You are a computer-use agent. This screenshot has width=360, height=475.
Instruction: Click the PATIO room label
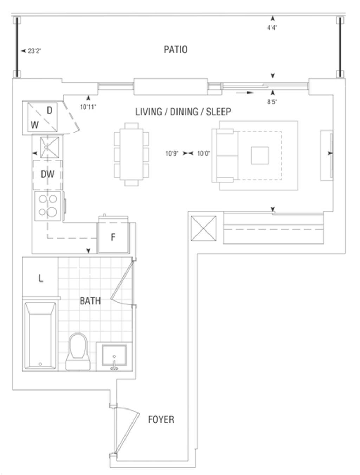[175, 50]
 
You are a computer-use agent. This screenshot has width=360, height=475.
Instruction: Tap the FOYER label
[161, 419]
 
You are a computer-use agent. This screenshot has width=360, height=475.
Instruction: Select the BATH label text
[90, 301]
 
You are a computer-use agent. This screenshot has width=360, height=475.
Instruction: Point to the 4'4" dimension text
[272, 28]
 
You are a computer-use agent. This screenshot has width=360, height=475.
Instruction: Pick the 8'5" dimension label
[272, 102]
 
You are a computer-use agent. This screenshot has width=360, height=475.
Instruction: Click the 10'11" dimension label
[88, 107]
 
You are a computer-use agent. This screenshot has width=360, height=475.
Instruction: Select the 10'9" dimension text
[172, 153]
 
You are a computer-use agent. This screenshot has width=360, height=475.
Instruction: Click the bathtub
[40, 336]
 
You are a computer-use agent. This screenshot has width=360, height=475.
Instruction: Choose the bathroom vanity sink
[114, 356]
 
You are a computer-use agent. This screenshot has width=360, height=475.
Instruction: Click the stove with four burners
[48, 206]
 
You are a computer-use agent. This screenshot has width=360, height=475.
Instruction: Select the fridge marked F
[113, 237]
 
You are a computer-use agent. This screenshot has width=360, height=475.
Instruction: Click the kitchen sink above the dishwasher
[50, 147]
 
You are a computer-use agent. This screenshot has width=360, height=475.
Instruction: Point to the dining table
[131, 154]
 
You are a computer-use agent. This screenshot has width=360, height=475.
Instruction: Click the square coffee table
[260, 156]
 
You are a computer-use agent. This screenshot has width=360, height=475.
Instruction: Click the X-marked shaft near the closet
[204, 228]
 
